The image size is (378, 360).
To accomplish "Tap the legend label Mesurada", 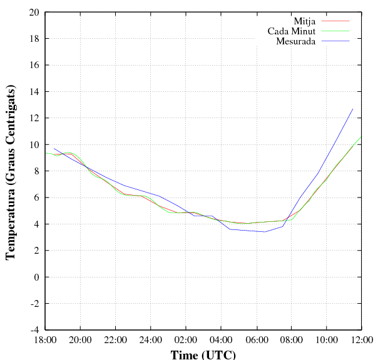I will [295, 41].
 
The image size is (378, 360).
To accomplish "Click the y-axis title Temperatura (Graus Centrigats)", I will [11, 171].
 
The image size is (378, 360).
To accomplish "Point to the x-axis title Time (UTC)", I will [203, 354].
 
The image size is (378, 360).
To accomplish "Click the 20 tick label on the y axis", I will [34, 12].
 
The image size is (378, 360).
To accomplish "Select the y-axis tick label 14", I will [34, 92].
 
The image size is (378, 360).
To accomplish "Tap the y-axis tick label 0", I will [36, 277].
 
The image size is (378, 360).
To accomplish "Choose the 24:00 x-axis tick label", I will [151, 341].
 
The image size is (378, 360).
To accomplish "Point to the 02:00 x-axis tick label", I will [186, 341].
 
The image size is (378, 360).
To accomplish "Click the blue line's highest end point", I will [353, 109].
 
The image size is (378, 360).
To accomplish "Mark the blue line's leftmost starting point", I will [54, 148].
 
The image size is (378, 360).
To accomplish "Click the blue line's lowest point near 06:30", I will [265, 232].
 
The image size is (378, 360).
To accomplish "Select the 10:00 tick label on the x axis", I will [326, 341].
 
